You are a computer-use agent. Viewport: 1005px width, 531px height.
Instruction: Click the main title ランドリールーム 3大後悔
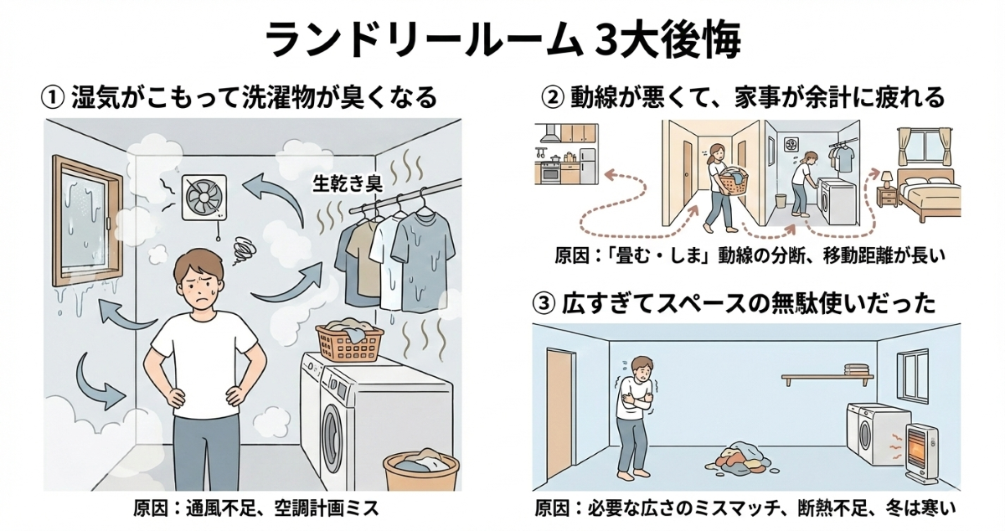(x=502, y=39)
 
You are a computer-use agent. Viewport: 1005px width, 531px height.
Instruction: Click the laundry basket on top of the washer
(x=350, y=339)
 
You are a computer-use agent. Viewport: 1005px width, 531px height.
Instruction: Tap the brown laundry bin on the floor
(x=420, y=474)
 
